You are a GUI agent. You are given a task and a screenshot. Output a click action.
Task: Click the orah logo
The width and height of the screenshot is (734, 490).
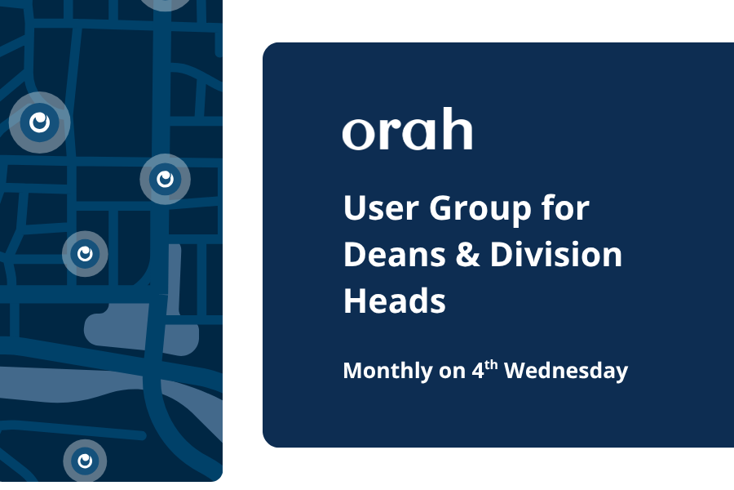[x=407, y=131]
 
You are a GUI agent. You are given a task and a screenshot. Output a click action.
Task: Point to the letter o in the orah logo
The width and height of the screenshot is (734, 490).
[x=357, y=134]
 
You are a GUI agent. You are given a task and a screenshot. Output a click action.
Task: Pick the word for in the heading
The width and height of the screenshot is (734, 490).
[x=564, y=208]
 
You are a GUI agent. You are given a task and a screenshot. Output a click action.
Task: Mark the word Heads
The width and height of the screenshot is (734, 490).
[x=395, y=301]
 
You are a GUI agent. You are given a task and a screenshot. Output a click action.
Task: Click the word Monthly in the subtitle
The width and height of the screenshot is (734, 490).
[x=387, y=372]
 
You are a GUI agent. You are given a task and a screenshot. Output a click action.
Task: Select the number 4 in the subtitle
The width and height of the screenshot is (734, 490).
[x=479, y=372]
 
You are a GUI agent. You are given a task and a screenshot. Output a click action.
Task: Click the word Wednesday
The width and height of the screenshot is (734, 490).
[x=566, y=371]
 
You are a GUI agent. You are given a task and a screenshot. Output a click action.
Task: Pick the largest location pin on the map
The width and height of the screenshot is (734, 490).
[x=39, y=122]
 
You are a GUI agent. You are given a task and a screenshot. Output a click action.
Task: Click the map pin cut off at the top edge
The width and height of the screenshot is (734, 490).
[x=166, y=2]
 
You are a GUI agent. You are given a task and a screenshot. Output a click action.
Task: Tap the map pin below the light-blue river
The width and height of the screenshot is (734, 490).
[x=85, y=461]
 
